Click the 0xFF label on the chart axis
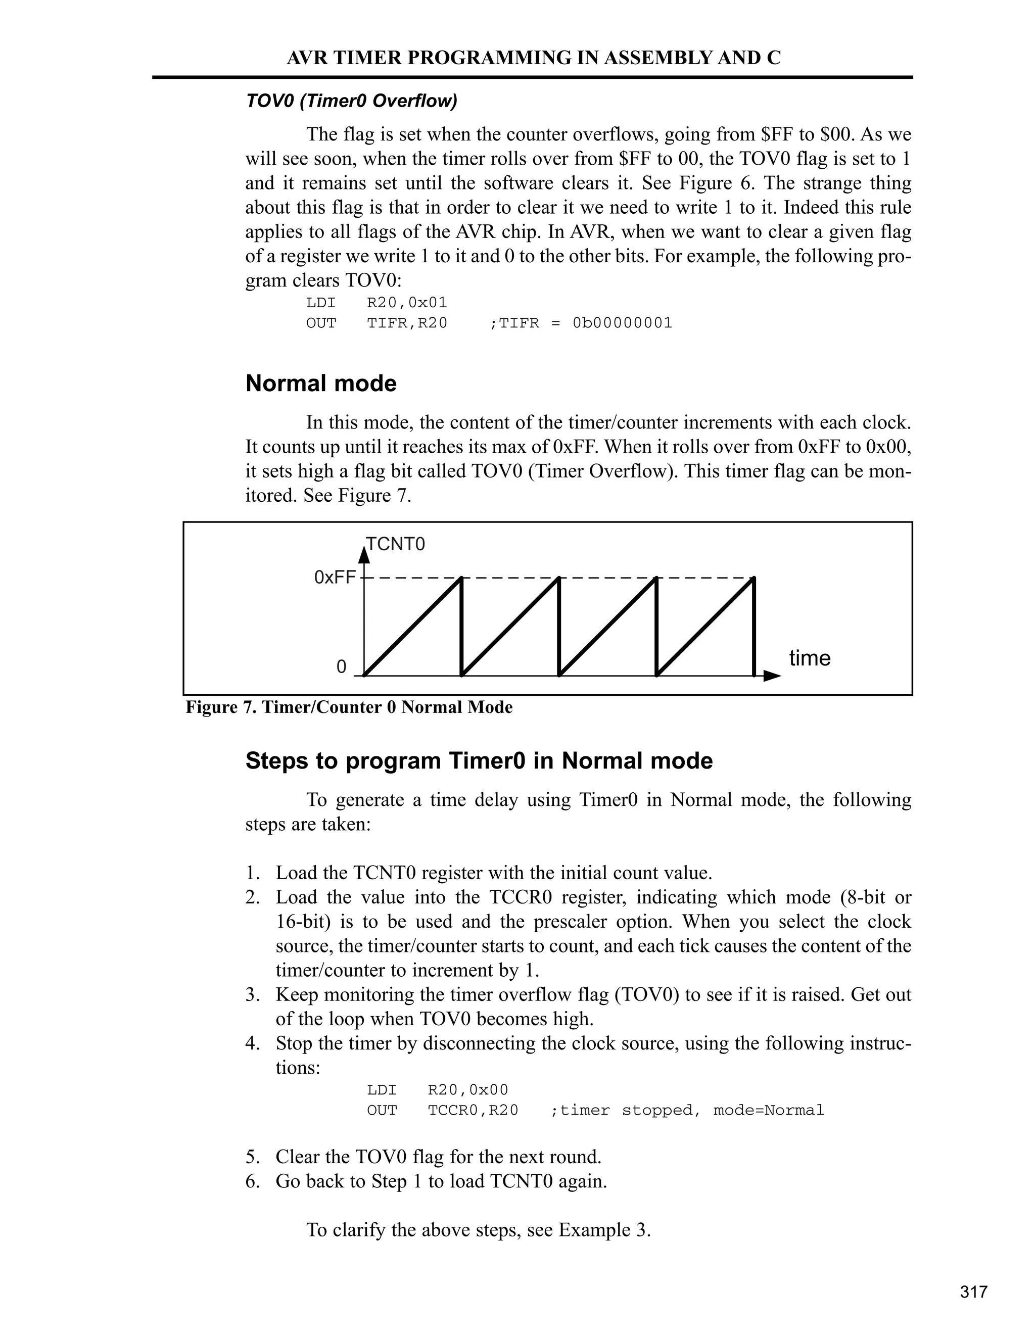coord(334,577)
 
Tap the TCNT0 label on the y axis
coord(396,544)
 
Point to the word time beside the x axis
coord(810,658)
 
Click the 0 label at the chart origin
coord(342,666)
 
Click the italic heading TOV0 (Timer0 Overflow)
coord(351,101)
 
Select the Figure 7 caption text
coord(349,707)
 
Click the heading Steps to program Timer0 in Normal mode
coord(479,760)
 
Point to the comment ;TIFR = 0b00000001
coord(581,322)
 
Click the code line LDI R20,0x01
coord(377,302)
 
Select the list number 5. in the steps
coord(253,1157)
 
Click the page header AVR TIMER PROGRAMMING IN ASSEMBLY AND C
coord(534,58)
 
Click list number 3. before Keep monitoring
coord(253,994)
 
